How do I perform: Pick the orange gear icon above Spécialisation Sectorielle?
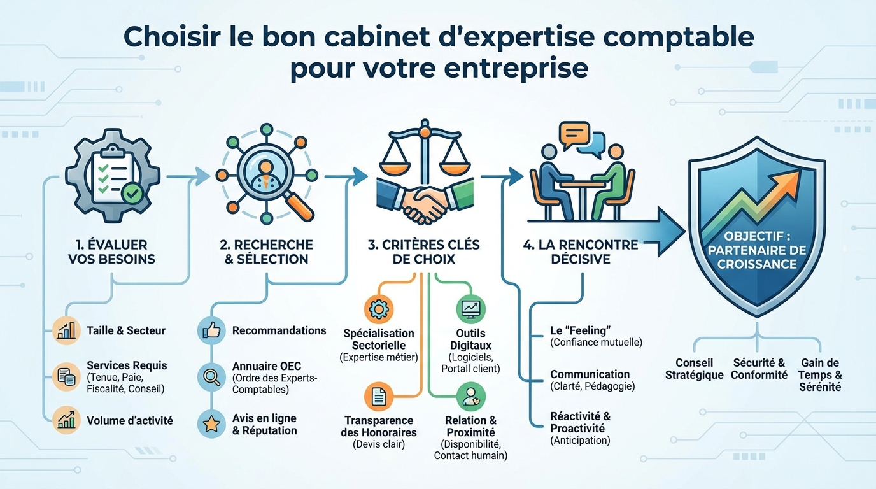378,309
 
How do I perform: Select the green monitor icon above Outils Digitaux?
471,308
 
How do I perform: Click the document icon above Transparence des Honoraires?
378,397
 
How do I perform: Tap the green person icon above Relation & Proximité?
471,396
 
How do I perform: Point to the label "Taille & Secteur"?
126,330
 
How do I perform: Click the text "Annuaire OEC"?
267,367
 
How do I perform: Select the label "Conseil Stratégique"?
694,369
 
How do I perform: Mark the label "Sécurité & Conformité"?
759,369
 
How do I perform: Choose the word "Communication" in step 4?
590,374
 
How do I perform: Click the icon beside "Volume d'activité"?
66,420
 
